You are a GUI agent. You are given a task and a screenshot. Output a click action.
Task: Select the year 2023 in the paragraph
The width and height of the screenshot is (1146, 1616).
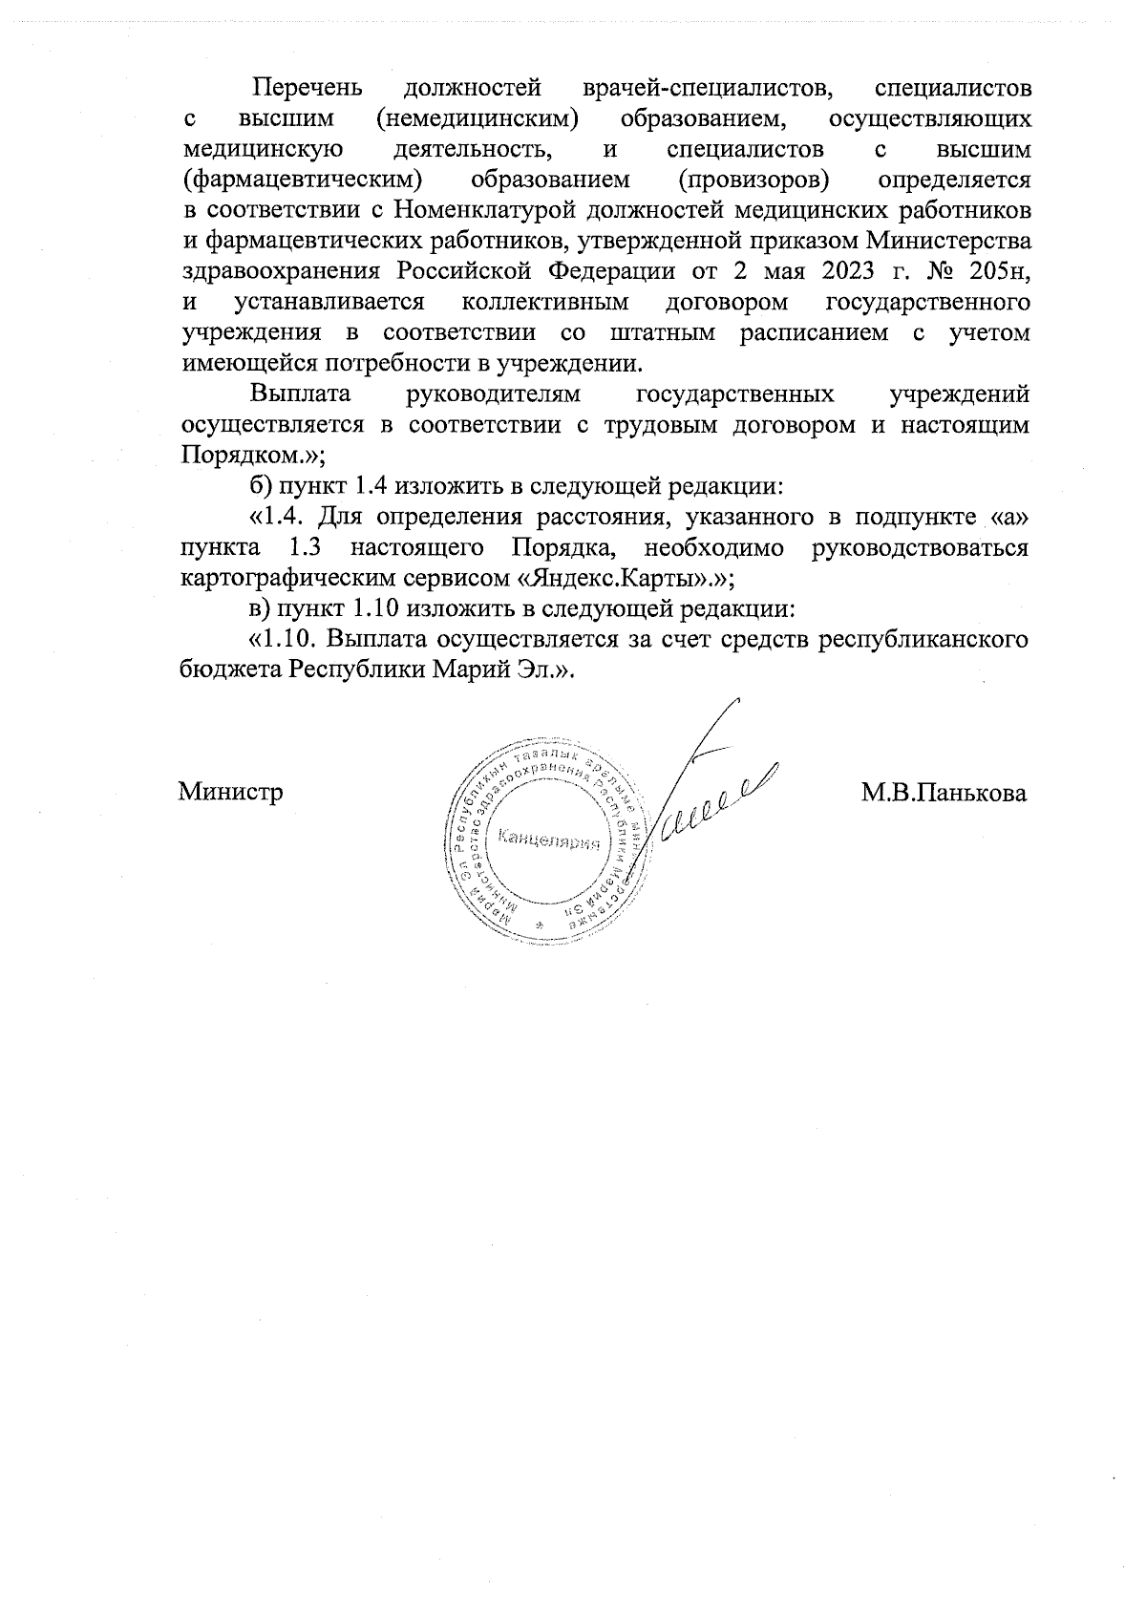(x=847, y=270)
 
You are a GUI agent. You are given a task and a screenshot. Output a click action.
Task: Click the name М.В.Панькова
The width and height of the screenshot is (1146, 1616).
(x=944, y=793)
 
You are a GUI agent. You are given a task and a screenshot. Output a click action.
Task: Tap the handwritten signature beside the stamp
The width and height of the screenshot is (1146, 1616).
(x=707, y=802)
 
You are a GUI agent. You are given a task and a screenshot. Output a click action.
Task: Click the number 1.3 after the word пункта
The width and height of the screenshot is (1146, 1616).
(x=309, y=548)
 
